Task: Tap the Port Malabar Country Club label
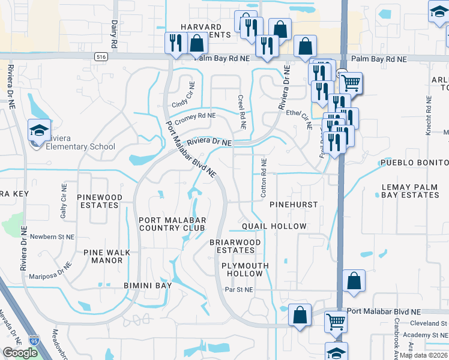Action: click(x=172, y=224)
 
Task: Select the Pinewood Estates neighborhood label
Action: click(x=100, y=201)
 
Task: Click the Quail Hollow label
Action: click(x=274, y=226)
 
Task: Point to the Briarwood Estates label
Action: click(x=235, y=246)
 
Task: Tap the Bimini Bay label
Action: click(x=148, y=286)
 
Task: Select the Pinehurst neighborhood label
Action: click(x=293, y=205)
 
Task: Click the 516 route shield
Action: click(x=100, y=56)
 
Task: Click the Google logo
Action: click(x=20, y=353)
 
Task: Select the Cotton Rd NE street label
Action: click(x=263, y=179)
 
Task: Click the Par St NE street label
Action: click(x=239, y=289)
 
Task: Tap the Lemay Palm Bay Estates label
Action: click(x=410, y=191)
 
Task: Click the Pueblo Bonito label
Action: click(x=414, y=163)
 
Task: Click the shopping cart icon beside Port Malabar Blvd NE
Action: click(x=336, y=322)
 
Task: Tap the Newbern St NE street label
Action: click(x=50, y=236)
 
